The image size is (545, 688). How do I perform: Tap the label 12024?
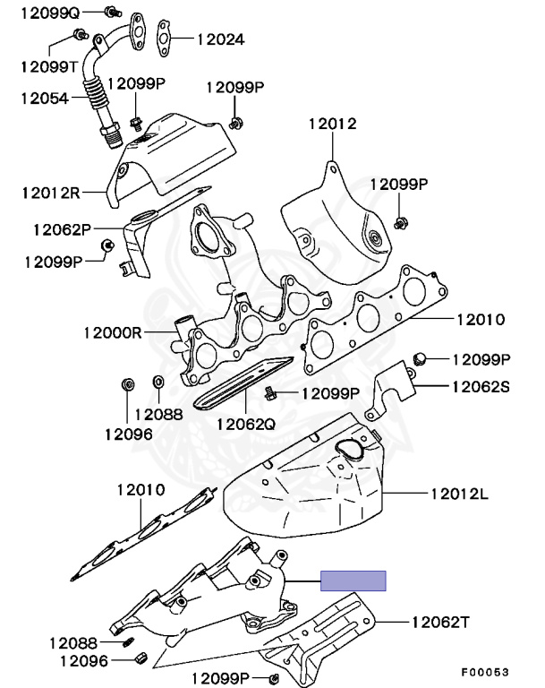[x=222, y=39]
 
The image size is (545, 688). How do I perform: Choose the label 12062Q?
[x=246, y=422]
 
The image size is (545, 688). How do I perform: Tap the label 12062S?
[x=480, y=387]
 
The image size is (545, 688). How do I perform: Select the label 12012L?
[x=461, y=492]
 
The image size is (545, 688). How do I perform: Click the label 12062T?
[x=441, y=621]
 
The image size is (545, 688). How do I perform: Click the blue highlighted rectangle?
[x=353, y=580]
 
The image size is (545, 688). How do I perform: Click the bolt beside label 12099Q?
[x=110, y=12]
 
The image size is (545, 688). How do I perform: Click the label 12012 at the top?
[x=333, y=124]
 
